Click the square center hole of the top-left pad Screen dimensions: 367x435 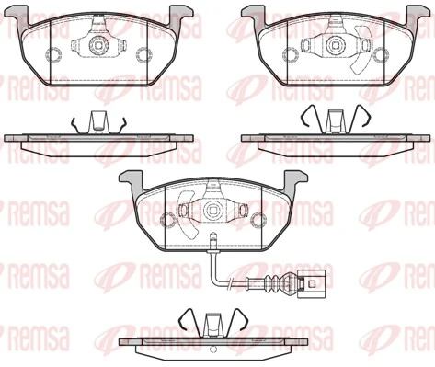(97, 43)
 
